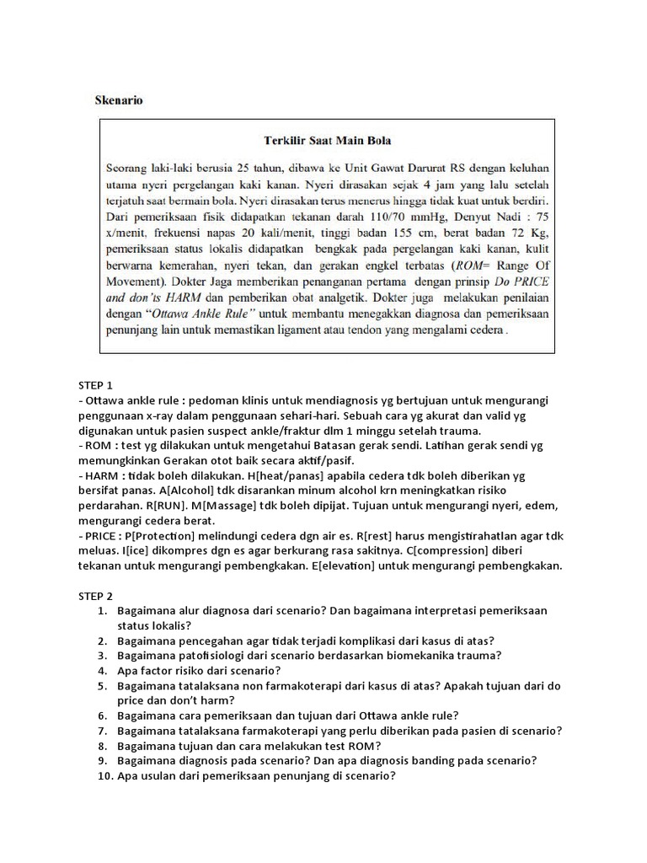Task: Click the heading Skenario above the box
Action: click(x=118, y=100)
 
